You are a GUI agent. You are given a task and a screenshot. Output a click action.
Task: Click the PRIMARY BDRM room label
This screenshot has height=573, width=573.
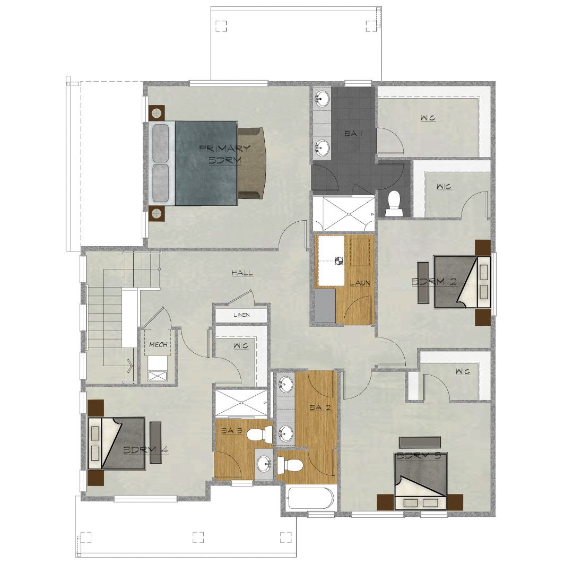point(225,154)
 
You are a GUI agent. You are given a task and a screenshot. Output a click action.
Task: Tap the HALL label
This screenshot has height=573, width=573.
point(242,273)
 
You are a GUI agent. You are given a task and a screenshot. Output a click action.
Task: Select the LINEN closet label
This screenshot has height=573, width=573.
point(241,315)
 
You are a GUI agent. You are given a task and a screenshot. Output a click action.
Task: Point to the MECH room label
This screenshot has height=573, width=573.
point(158,344)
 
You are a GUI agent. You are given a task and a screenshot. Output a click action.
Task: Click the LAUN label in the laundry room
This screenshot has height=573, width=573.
point(360,283)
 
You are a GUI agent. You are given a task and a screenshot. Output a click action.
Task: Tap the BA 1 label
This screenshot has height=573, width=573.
point(353,134)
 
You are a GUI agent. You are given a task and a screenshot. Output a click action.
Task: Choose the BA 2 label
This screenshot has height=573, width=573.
point(320,407)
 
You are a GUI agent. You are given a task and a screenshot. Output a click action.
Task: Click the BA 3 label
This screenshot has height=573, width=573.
point(232,431)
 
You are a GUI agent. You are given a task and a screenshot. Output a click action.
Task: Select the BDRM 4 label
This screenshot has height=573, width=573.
point(145,450)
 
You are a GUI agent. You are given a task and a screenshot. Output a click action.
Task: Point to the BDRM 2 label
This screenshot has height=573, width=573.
point(434,281)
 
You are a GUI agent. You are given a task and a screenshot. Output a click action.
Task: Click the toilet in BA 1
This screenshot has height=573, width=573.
point(394,203)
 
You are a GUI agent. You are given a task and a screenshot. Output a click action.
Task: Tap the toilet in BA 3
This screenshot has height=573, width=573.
point(260,434)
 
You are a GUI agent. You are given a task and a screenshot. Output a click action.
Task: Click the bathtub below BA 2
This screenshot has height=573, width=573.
point(310,498)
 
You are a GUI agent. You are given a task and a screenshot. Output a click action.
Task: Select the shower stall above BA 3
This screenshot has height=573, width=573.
point(241,403)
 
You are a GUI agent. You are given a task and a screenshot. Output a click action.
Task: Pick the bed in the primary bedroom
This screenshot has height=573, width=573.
point(206,163)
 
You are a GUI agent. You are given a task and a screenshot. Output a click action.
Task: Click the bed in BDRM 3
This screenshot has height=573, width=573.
point(421,481)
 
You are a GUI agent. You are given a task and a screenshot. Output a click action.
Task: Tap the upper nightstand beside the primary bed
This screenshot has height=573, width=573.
point(157,114)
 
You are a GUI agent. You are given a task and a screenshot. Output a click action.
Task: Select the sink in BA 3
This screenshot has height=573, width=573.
point(264,464)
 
